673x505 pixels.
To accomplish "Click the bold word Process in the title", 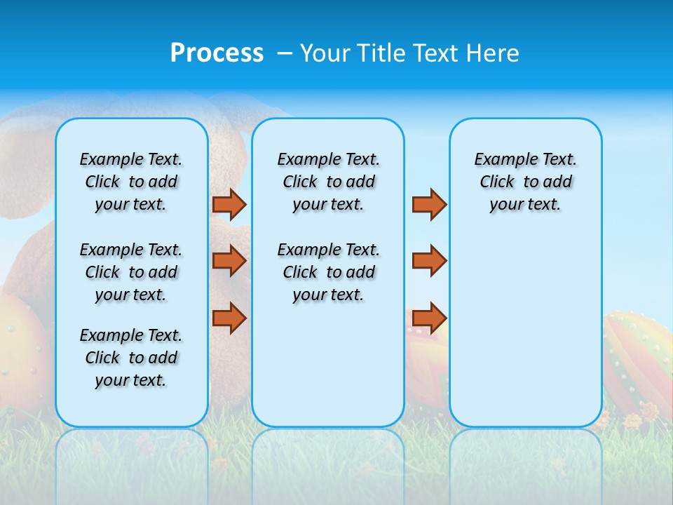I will pyautogui.click(x=217, y=53).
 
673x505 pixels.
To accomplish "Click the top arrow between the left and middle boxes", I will pyautogui.click(x=229, y=204).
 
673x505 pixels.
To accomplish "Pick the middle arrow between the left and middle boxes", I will pyautogui.click(x=229, y=261).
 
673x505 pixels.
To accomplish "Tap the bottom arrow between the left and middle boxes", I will pyautogui.click(x=229, y=318).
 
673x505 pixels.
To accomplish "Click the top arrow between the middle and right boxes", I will pyautogui.click(x=429, y=204).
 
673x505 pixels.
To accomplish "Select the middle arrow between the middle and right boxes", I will pyautogui.click(x=429, y=261).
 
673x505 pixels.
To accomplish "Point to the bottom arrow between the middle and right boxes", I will pyautogui.click(x=429, y=318).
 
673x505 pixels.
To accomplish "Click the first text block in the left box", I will pyautogui.click(x=131, y=182).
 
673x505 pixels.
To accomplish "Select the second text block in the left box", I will pyautogui.click(x=131, y=272).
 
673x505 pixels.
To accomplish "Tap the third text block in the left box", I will pyautogui.click(x=131, y=358).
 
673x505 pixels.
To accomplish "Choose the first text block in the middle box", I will pyautogui.click(x=328, y=182).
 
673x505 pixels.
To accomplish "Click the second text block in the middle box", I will pyautogui.click(x=328, y=272).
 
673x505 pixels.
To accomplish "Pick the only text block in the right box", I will pyautogui.click(x=525, y=182).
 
